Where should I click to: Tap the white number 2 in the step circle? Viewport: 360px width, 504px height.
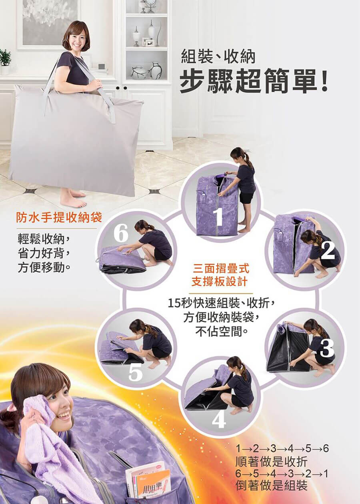pos(328,251)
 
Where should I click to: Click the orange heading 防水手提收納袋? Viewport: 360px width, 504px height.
pos(59,218)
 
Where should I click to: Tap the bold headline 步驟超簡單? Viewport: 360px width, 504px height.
pos(254,82)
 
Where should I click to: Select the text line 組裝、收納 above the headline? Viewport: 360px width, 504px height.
pos(218,57)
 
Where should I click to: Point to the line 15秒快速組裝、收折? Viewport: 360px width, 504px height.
pos(221,304)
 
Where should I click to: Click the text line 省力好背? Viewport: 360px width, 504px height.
pos(43,254)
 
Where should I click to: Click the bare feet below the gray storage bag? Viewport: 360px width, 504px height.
pos(73,199)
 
